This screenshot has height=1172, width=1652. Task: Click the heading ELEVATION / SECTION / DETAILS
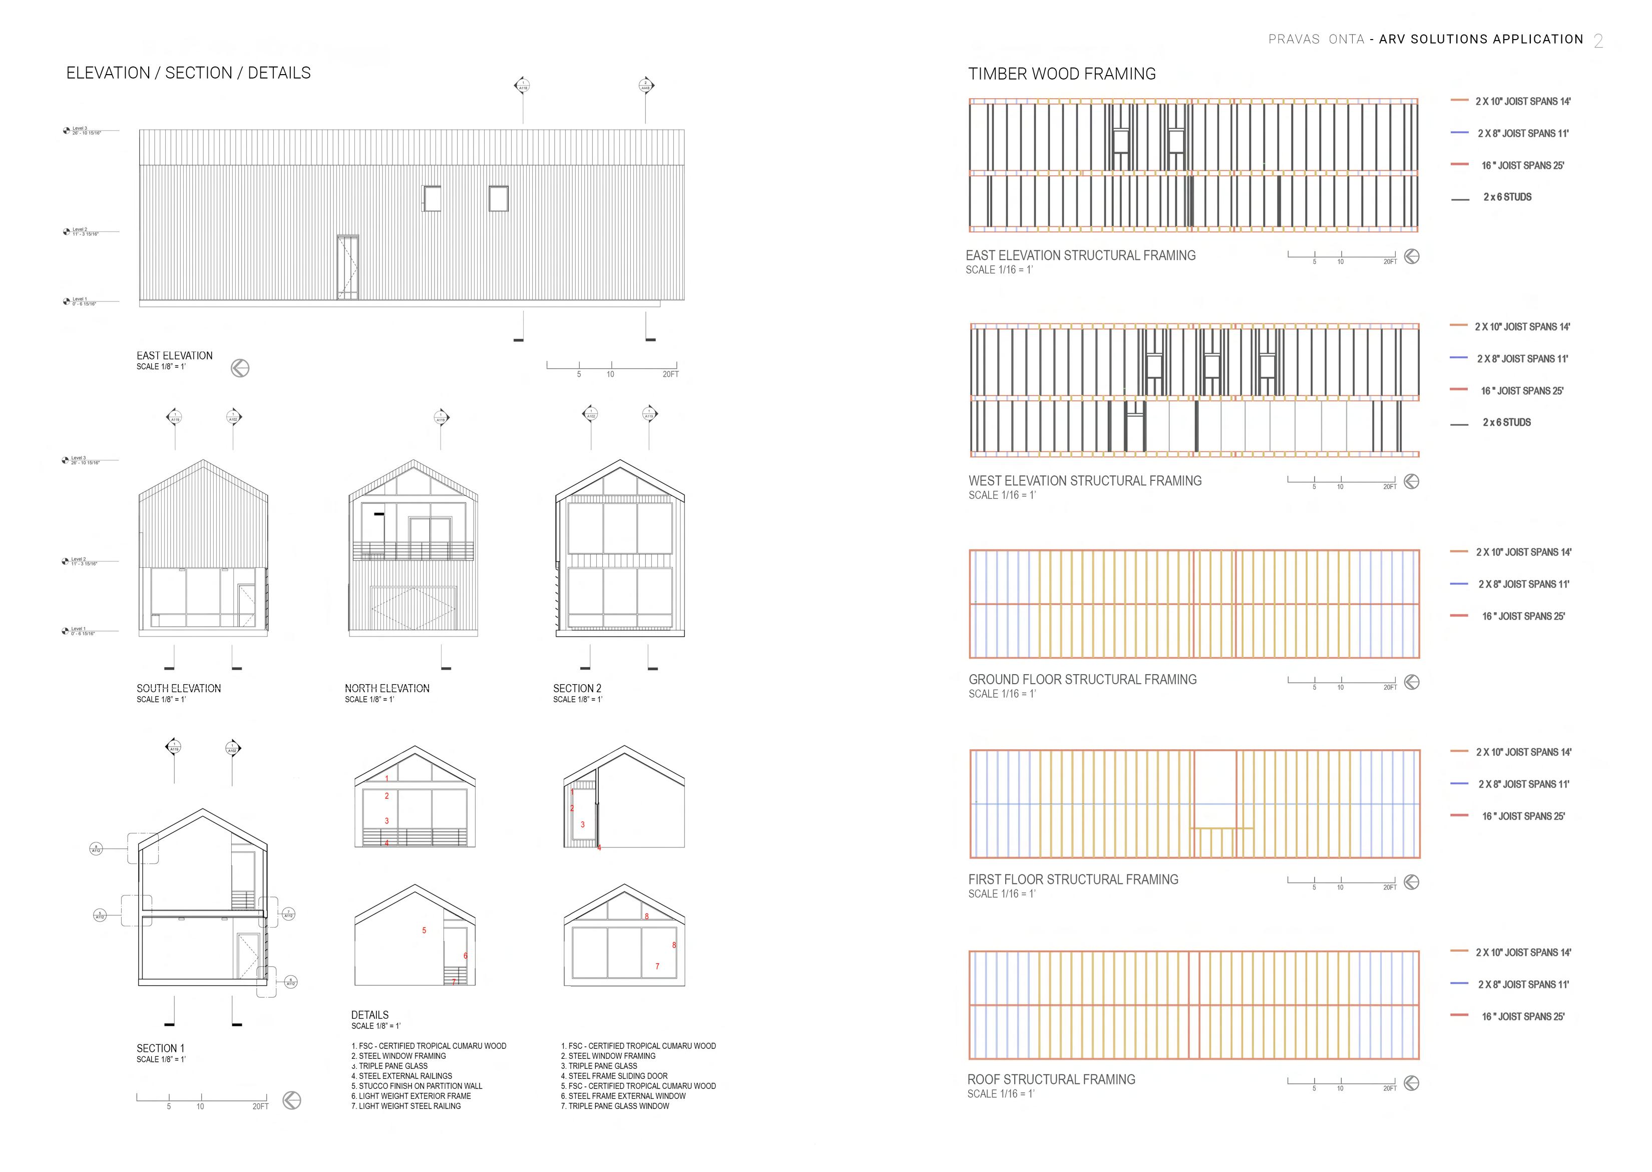tap(188, 73)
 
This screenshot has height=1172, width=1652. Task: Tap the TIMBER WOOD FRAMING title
tap(1061, 74)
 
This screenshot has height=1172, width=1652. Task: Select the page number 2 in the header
tap(1598, 41)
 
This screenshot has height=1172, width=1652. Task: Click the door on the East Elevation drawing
tap(348, 266)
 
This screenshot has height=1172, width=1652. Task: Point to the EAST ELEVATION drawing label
tap(175, 356)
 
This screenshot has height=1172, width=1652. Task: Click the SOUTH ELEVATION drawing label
tap(179, 689)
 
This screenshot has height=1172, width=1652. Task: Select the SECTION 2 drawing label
tap(577, 689)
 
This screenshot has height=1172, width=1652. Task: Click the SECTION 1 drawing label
tap(161, 1048)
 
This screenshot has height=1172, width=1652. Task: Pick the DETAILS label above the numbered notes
tap(369, 1015)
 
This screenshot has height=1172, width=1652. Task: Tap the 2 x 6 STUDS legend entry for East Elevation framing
tap(1507, 197)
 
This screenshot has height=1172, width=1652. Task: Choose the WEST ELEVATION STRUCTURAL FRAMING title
tap(1085, 481)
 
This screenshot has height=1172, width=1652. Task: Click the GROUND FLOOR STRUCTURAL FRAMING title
tap(1082, 679)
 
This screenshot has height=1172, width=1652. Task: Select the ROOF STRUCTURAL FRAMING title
tap(1051, 1080)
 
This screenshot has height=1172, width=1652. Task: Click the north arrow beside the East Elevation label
tap(240, 368)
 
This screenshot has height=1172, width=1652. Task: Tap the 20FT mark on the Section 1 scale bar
tap(260, 1106)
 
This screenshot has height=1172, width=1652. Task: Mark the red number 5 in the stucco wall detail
tap(424, 930)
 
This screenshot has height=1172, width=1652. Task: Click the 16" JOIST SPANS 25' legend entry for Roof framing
tap(1523, 1016)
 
